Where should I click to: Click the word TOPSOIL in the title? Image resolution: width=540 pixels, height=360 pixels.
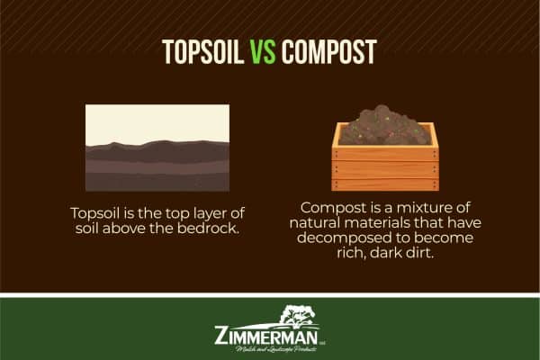pyautogui.click(x=202, y=52)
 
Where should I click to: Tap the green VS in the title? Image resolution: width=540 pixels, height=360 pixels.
pyautogui.click(x=263, y=52)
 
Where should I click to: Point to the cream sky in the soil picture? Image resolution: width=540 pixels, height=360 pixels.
pyautogui.click(x=157, y=119)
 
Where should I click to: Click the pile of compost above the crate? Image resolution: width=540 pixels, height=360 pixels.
pyautogui.click(x=385, y=128)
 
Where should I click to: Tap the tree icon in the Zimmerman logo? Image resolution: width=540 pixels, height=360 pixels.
pyautogui.click(x=298, y=316)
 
